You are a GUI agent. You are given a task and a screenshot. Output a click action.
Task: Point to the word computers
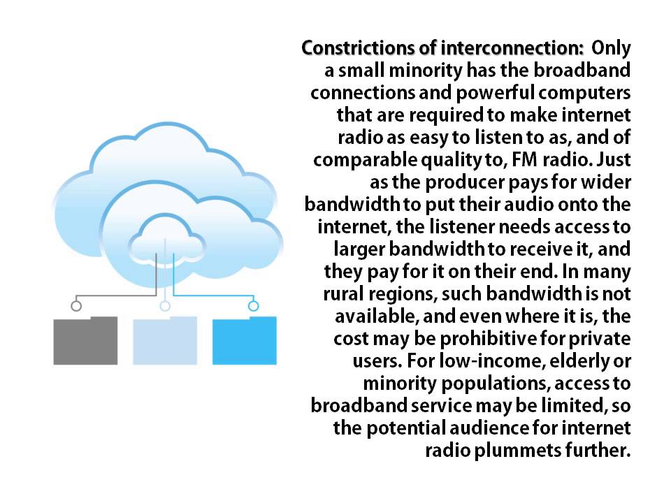coord(592,93)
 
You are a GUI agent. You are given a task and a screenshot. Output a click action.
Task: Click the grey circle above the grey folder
coord(76,305)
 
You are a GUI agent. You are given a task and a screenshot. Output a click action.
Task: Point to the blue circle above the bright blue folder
coord(254,305)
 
